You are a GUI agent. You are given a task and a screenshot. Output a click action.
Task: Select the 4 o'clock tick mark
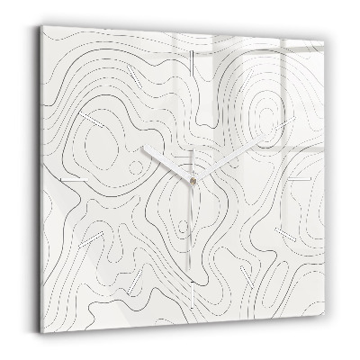click(289, 236)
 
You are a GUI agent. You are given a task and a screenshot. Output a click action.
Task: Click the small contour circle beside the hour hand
click(135, 167)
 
